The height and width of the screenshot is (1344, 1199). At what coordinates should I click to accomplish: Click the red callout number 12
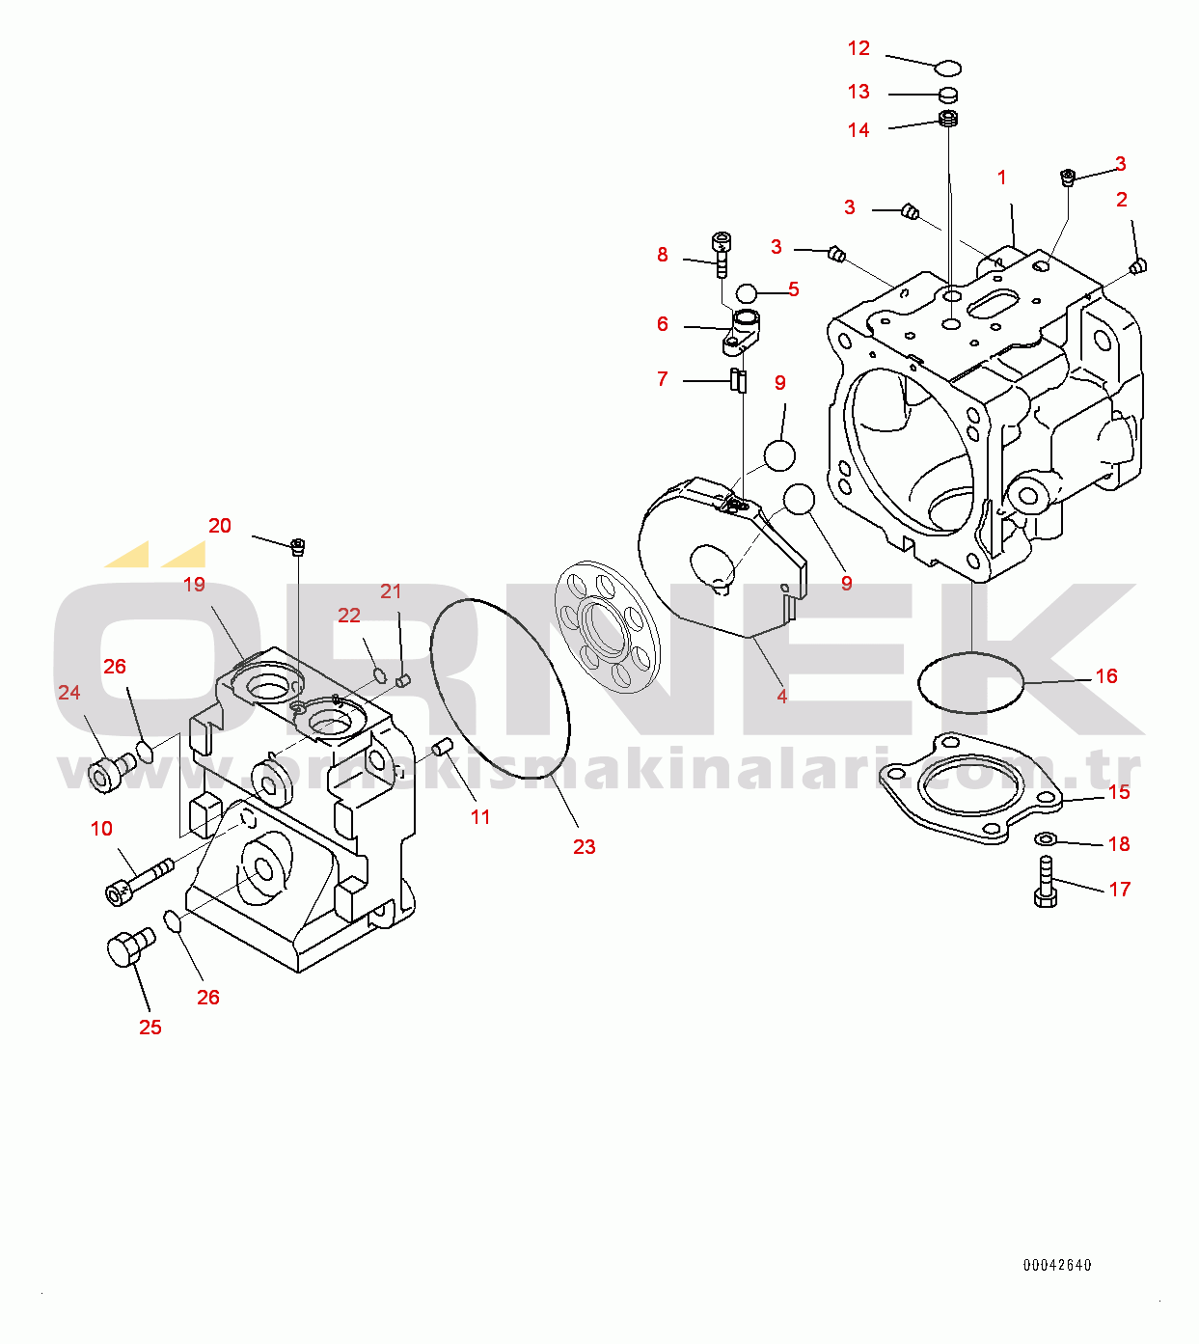858,48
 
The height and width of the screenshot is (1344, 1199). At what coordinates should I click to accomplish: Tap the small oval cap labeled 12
947,68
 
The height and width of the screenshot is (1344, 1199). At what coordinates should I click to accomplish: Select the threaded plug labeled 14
949,120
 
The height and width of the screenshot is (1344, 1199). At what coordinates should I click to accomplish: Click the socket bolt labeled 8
722,254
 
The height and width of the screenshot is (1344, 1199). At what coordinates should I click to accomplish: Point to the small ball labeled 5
747,293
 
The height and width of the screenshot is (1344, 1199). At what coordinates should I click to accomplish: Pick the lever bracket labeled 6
742,332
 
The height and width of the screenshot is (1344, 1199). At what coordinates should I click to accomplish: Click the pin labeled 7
737,380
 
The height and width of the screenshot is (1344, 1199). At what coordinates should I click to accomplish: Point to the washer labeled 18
1047,839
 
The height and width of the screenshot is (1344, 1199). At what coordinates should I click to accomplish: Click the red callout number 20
220,526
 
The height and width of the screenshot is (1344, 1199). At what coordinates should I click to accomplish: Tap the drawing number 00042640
1057,1264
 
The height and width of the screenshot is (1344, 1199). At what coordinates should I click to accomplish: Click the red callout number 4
782,696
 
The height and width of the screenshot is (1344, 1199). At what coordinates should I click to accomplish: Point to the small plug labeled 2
1138,266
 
